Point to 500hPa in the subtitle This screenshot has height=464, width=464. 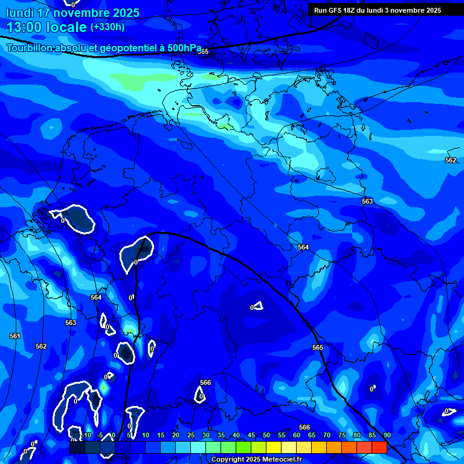182,48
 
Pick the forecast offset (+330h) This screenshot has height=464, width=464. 108,27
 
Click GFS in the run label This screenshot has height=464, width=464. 336,10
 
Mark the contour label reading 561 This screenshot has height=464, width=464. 15,336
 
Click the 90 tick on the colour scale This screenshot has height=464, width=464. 387,435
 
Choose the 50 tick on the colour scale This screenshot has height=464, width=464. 266,435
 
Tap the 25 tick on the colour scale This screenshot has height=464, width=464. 191,435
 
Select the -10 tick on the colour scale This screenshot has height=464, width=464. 85,435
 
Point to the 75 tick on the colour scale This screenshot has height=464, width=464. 342,435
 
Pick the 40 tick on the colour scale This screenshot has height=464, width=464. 236,435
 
